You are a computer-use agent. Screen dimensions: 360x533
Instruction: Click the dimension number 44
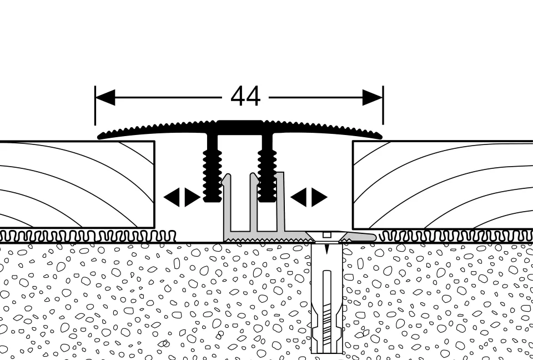(245, 97)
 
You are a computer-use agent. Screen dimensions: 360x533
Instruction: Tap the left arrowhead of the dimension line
(105, 98)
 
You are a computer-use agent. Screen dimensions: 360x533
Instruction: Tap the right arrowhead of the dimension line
(373, 98)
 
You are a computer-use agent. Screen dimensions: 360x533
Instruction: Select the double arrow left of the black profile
(182, 197)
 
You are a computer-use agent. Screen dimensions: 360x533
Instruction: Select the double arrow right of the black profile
(309, 197)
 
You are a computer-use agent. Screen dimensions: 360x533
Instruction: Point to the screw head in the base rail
(326, 234)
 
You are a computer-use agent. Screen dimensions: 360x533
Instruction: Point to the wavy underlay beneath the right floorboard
(455, 236)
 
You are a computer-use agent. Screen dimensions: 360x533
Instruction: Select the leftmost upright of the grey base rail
(227, 206)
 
